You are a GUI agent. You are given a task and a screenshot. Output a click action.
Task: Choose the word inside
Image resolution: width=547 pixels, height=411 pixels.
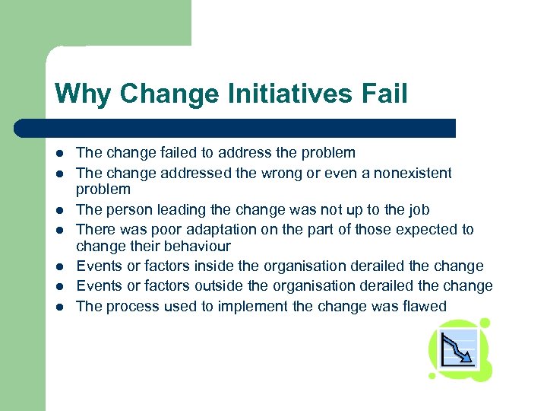(x=215, y=266)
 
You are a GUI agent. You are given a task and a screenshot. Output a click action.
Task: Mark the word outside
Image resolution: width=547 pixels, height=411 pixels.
(x=220, y=286)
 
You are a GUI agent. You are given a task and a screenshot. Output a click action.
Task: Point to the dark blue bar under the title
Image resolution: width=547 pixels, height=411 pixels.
(x=236, y=128)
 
